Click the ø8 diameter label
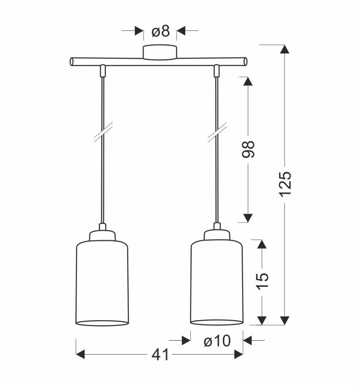(160, 31)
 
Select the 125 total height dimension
(285, 183)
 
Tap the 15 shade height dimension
(262, 282)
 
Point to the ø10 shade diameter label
(217, 341)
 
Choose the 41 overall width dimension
(157, 355)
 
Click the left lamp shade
(102, 283)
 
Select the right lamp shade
(217, 283)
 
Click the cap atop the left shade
(102, 235)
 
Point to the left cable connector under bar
(103, 70)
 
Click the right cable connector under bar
(217, 70)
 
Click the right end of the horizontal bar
(245, 61)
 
